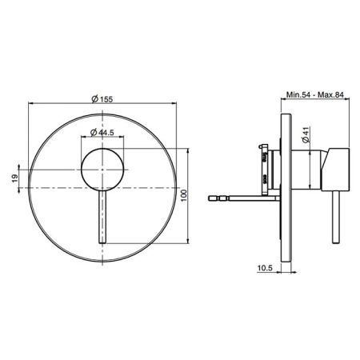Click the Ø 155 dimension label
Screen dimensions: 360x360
pos(102,99)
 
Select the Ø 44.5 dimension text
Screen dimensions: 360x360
pos(102,132)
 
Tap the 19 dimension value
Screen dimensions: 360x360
pos(15,178)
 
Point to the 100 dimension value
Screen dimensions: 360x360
pos(184,195)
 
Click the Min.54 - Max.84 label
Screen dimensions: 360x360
pos(315,94)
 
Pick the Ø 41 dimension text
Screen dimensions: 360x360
pos(306,135)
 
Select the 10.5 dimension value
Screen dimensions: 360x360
pos(265,268)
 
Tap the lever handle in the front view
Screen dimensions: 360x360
pos(102,217)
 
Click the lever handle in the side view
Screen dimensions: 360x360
pos(336,217)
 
